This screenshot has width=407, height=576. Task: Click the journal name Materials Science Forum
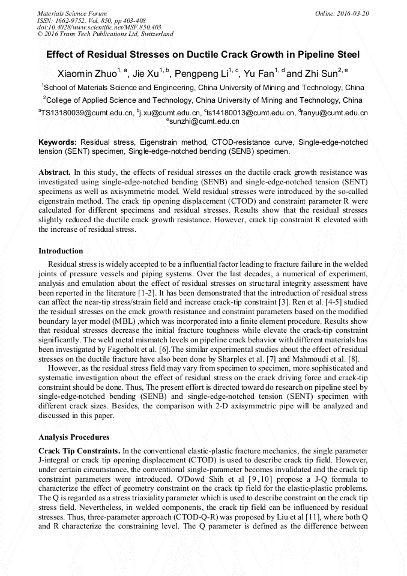pos(72,13)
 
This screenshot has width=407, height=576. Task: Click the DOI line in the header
pos(99,27)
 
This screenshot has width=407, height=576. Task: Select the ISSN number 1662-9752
pos(75,20)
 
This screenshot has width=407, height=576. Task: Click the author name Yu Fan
pos(259,74)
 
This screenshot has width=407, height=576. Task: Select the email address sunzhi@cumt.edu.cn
pos(204,121)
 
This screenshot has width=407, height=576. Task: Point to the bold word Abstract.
pos(55,172)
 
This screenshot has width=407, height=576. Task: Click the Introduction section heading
pos(61,251)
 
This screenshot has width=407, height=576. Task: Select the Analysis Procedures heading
pos(73,437)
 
